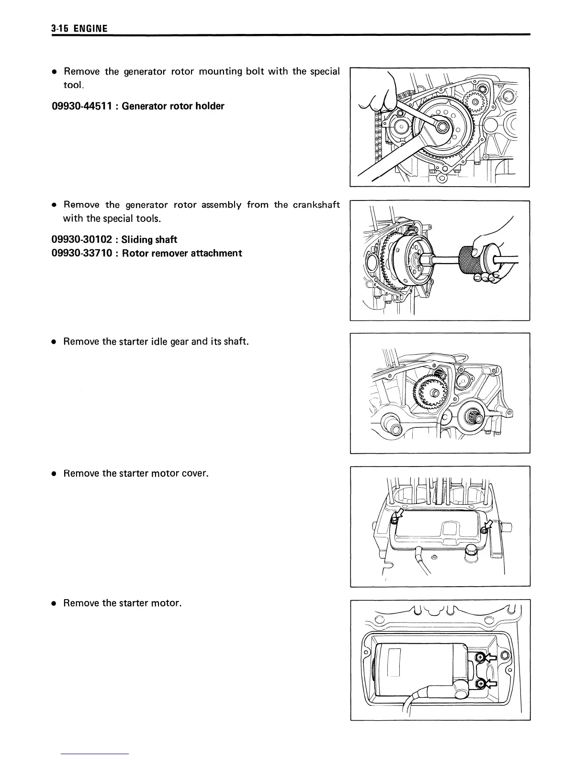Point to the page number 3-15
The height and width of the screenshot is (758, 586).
pos(61,29)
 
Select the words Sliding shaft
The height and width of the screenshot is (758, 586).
pos(149,239)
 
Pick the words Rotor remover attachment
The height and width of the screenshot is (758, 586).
pos(182,253)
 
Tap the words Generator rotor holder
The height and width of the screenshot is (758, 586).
pos(173,106)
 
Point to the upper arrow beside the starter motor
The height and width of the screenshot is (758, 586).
pos(489,658)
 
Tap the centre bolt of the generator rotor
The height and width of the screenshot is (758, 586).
pos(442,127)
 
